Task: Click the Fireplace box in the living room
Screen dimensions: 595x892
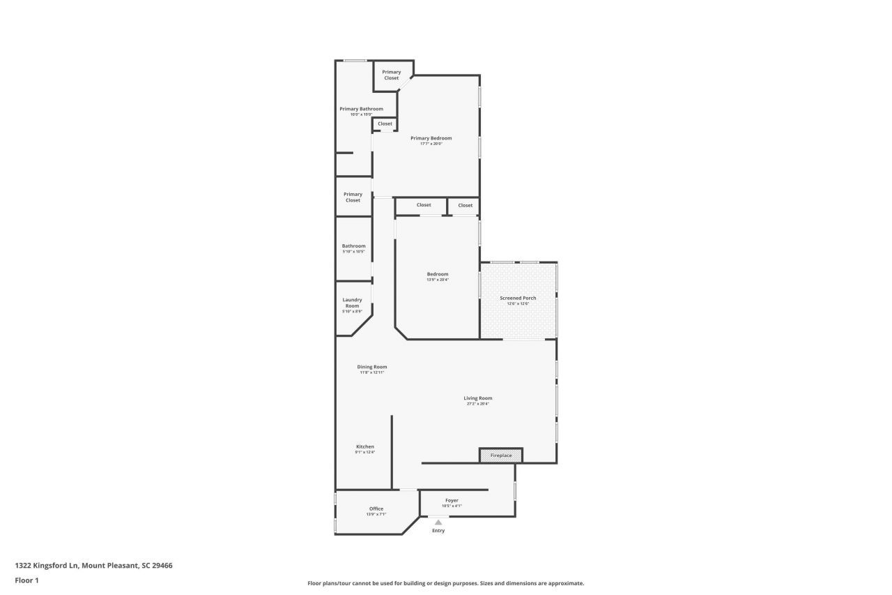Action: (x=500, y=455)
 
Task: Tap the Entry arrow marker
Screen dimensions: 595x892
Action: (x=438, y=522)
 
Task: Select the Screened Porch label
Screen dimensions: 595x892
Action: (x=518, y=298)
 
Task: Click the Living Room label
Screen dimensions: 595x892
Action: (x=478, y=398)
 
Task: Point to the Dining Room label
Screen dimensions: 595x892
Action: (x=372, y=367)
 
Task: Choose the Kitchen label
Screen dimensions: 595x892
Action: (x=365, y=446)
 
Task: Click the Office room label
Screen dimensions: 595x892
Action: (x=376, y=509)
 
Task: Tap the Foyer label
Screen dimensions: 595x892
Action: (x=452, y=500)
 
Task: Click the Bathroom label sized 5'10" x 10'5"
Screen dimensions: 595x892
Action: (x=353, y=246)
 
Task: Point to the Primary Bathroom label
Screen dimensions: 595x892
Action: (x=361, y=109)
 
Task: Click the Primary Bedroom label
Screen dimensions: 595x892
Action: (x=431, y=138)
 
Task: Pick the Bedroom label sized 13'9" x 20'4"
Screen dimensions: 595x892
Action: (x=438, y=274)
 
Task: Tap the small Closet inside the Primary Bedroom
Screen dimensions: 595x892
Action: (x=385, y=123)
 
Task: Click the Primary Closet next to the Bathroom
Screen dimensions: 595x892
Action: (x=353, y=197)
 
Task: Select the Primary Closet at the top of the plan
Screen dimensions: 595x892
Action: (x=392, y=75)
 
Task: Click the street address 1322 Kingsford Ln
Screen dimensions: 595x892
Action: (x=93, y=566)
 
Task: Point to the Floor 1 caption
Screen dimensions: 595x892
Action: (x=26, y=580)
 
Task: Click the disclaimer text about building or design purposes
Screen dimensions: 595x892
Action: (x=446, y=583)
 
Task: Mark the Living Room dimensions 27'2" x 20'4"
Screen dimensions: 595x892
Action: (x=478, y=404)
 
